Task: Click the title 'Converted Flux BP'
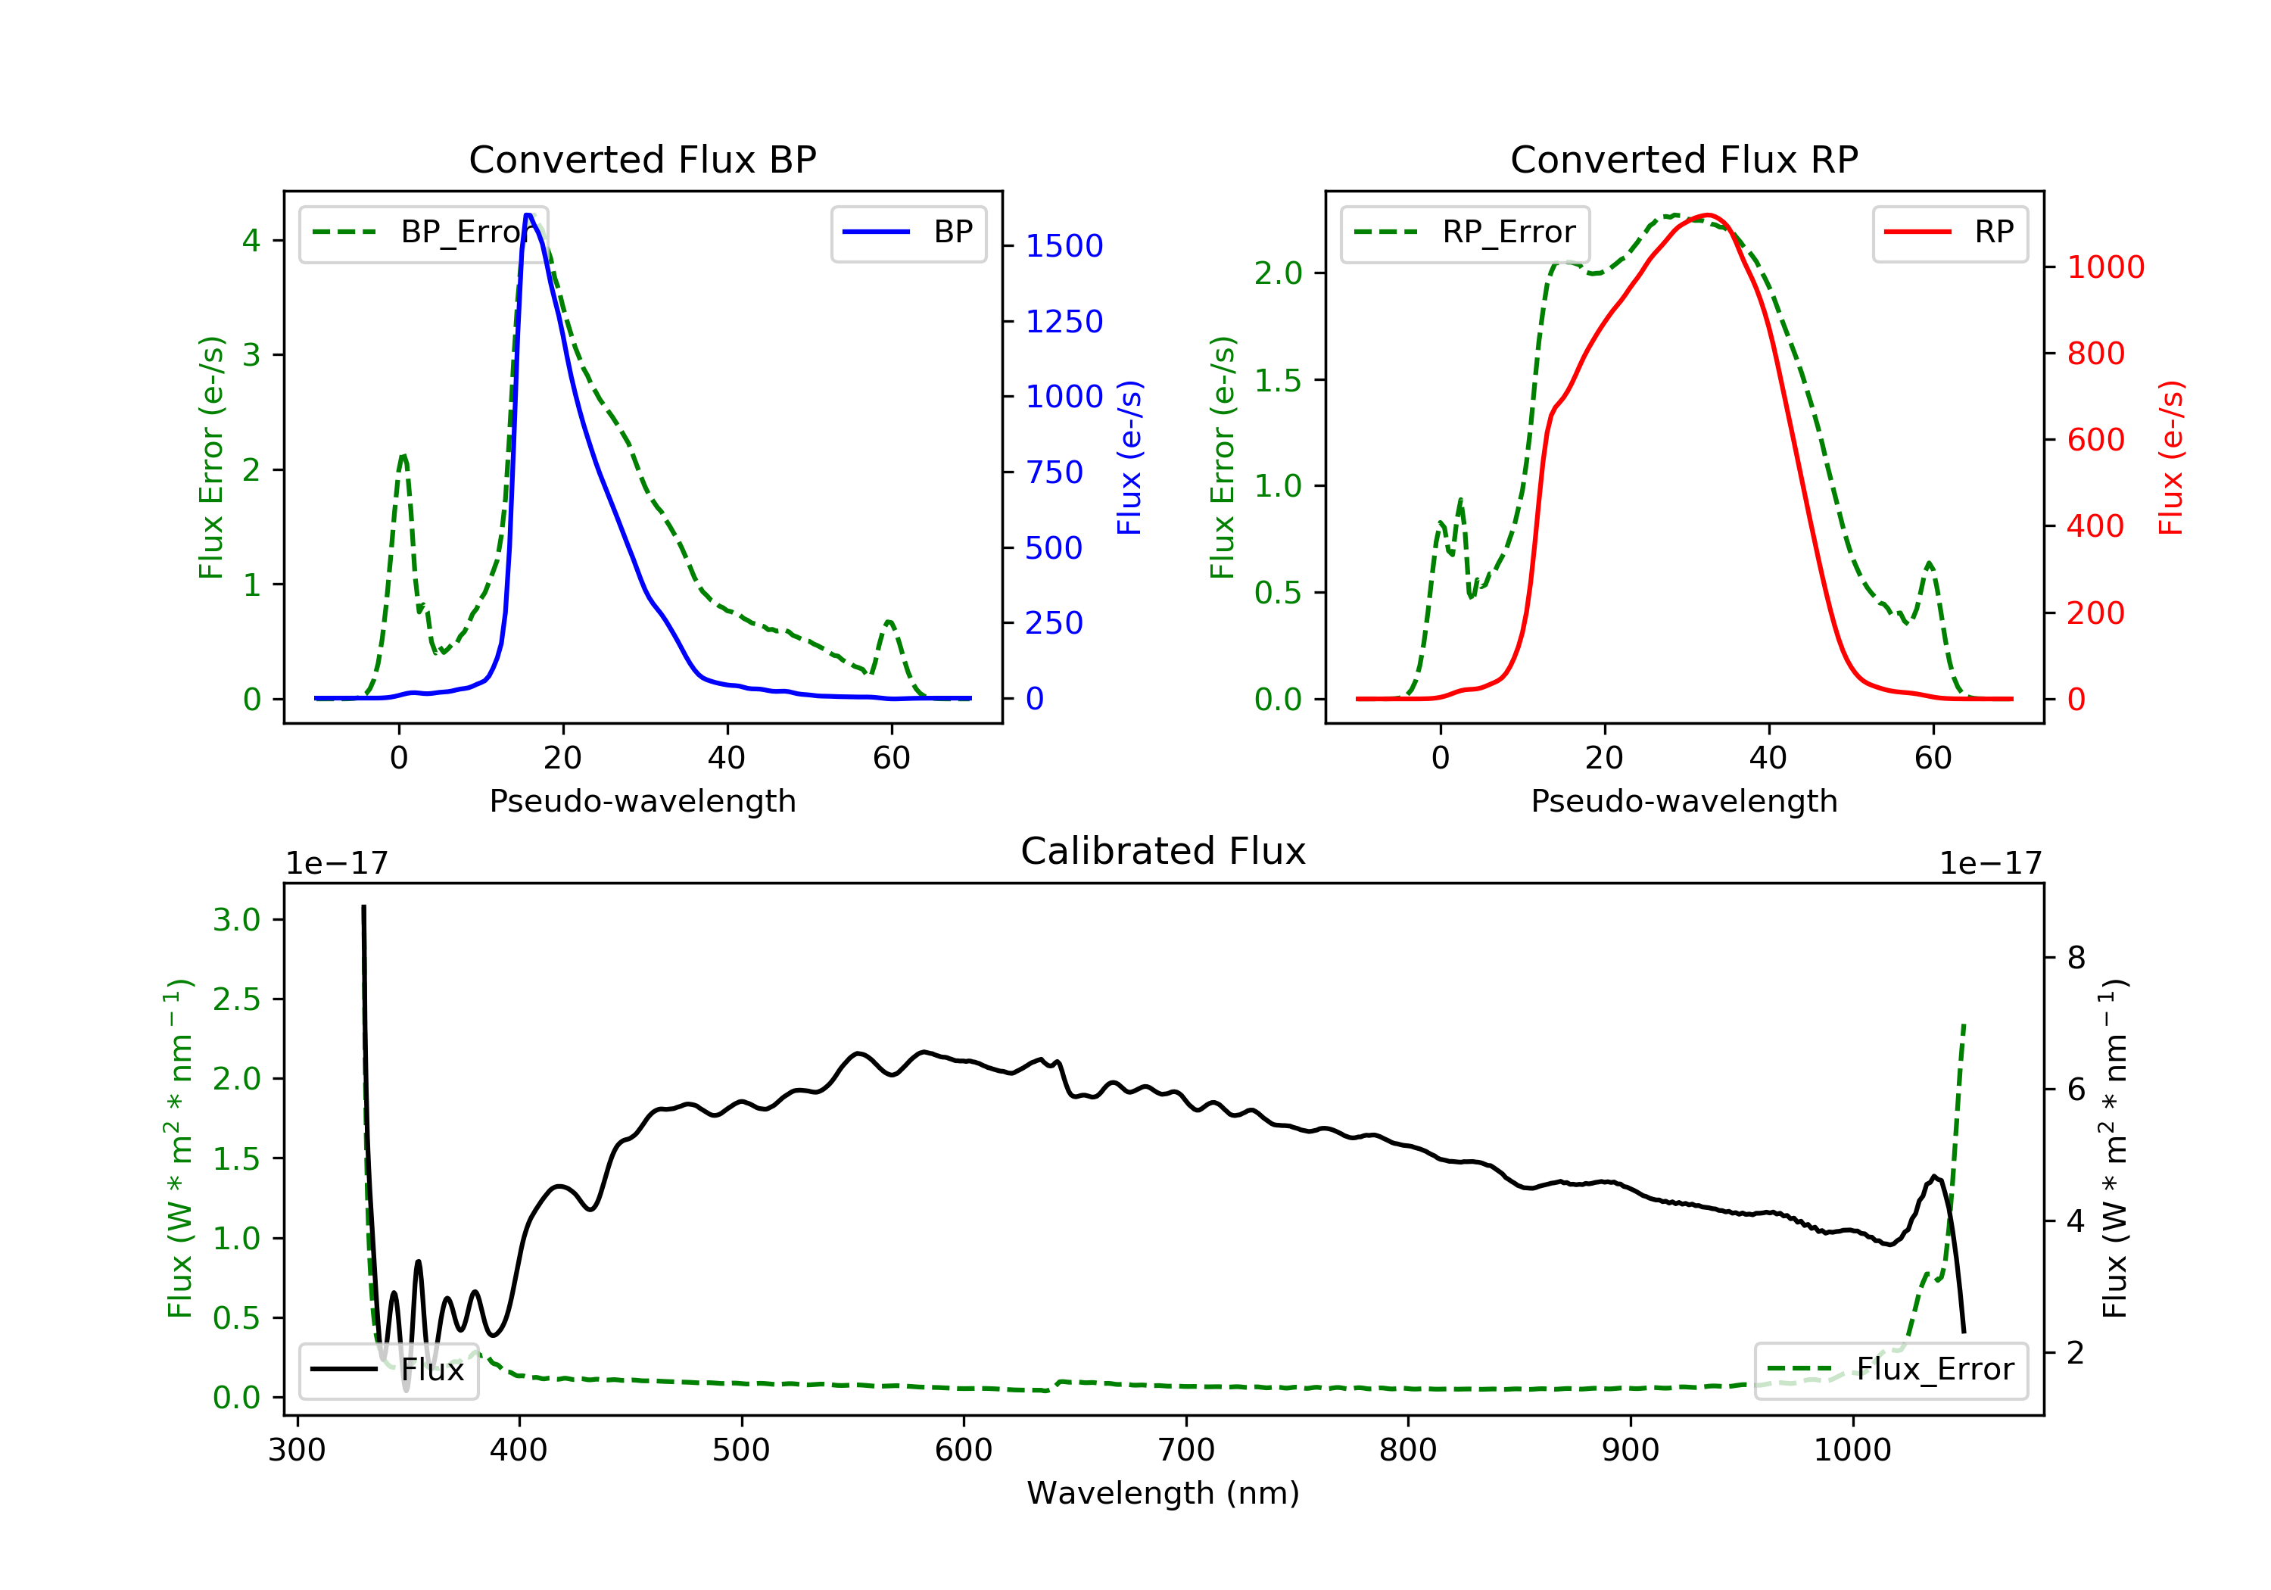pos(642,159)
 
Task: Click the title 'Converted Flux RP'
pos(1684,159)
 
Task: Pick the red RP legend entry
pos(1949,232)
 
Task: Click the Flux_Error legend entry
pos(1890,1370)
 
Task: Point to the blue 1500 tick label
pos(1064,245)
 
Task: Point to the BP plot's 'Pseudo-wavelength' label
pos(642,800)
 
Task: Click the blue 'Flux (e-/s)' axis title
pos(1129,457)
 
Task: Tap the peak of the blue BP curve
pos(528,215)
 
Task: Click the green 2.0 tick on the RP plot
pos(1278,273)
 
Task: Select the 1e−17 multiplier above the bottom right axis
pos(1990,864)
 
